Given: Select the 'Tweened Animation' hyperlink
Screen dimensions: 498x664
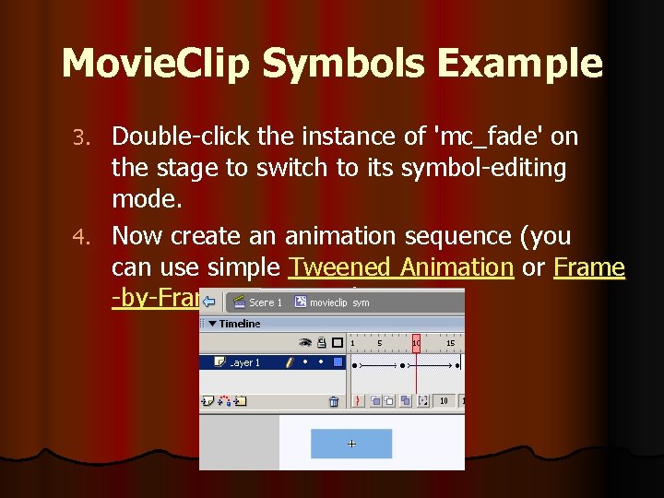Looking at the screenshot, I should coord(400,267).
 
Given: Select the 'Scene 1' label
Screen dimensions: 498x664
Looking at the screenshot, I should coord(266,302).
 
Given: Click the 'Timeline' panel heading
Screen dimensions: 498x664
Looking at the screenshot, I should coord(239,324).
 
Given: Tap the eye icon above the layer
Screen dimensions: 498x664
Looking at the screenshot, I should coord(306,342).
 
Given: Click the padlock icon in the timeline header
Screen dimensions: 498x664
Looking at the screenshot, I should coord(321,342).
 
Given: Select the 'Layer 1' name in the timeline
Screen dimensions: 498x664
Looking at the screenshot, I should coord(245,363).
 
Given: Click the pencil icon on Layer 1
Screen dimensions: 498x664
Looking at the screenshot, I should coord(290,363).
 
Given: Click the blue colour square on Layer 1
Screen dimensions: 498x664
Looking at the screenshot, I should coord(337,363).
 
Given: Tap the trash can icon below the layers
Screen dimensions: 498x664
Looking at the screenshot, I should coord(334,401).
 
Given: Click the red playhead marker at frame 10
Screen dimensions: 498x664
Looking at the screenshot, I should coord(417,342).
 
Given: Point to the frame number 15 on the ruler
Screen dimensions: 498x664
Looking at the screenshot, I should coord(451,343).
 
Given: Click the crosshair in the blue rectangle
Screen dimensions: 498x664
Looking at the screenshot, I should coord(351,444).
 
